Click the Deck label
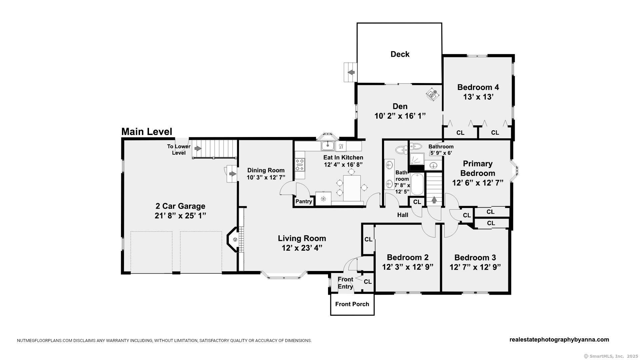pyautogui.click(x=400, y=54)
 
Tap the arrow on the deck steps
pyautogui.click(x=351, y=72)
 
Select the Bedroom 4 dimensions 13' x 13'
pyautogui.click(x=478, y=97)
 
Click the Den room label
pyautogui.click(x=400, y=106)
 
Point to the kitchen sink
pyautogui.click(x=328, y=146)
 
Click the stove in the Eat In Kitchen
pyautogui.click(x=300, y=165)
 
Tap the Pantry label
pyautogui.click(x=304, y=201)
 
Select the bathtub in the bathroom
pyautogui.click(x=417, y=184)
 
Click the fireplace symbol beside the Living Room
pyautogui.click(x=235, y=239)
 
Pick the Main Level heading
pyautogui.click(x=147, y=132)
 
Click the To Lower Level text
pyautogui.click(x=179, y=149)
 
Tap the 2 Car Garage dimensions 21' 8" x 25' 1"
pyautogui.click(x=180, y=216)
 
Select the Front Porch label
pyautogui.click(x=352, y=304)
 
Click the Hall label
pyautogui.click(x=403, y=215)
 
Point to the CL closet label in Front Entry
pyautogui.click(x=368, y=282)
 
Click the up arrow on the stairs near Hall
pyautogui.click(x=434, y=200)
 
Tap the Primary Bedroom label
pyautogui.click(x=478, y=168)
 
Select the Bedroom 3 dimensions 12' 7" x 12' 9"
pyautogui.click(x=475, y=267)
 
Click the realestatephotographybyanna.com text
pyautogui.click(x=559, y=340)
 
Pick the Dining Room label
pyautogui.click(x=266, y=170)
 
